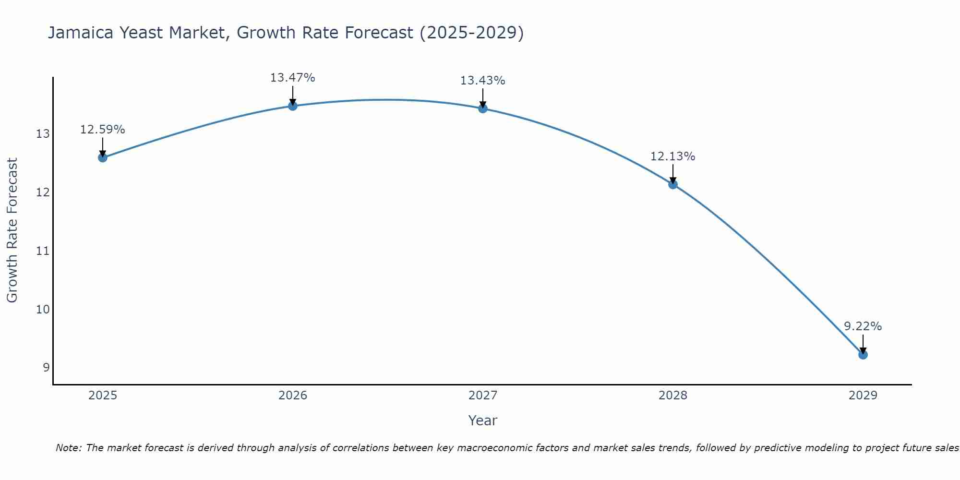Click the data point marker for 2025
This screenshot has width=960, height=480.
tap(103, 157)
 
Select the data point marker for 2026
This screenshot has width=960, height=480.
tap(293, 106)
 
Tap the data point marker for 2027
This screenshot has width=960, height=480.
tap(483, 108)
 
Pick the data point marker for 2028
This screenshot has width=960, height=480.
tap(673, 184)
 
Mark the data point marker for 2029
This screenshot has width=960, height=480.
tap(863, 355)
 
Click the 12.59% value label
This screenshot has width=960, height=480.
tap(102, 130)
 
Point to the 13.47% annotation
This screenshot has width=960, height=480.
tap(292, 78)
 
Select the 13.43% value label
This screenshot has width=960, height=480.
tap(482, 81)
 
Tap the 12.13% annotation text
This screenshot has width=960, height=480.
tap(672, 156)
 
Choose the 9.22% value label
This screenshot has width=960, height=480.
tap(863, 326)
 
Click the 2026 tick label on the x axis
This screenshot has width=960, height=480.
tap(293, 396)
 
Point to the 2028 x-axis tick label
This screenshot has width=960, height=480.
tap(673, 396)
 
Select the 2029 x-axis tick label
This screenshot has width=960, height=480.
tap(863, 396)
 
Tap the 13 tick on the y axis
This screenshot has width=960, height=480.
tap(43, 134)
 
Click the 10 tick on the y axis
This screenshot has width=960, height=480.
tap(43, 309)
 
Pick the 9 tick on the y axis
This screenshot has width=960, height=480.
tap(46, 368)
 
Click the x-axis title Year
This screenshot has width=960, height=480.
tap(482, 420)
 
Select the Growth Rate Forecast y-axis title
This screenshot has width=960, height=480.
tap(12, 230)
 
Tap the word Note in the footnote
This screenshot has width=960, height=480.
tap(68, 448)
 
